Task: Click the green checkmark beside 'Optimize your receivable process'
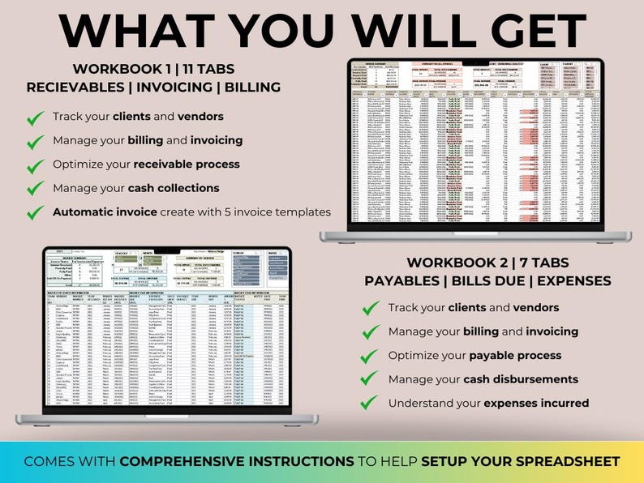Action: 36,165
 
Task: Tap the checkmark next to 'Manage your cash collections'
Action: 36,189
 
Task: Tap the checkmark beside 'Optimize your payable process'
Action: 371,356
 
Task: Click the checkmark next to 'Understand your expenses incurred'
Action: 371,404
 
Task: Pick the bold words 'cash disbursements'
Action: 527,378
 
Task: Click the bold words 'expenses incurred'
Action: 536,403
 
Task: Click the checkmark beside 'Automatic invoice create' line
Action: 36,212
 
